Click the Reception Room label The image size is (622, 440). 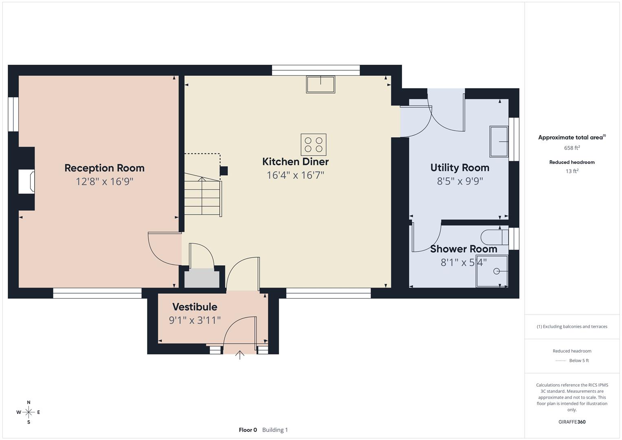point(104,168)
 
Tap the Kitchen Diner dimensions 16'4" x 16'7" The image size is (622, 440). point(295,175)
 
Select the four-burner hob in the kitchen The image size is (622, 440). point(314,145)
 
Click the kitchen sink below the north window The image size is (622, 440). point(321,84)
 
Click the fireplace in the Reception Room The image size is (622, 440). point(26,181)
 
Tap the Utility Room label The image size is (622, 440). point(459,167)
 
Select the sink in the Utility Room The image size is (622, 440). point(499,141)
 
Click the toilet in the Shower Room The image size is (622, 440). point(494,237)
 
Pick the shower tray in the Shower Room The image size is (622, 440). point(492,271)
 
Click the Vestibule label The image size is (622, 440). point(194,307)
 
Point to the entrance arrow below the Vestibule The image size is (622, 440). point(240,355)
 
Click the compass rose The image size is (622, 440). point(29,412)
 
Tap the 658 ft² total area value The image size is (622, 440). point(571,148)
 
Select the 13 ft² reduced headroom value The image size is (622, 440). point(571,171)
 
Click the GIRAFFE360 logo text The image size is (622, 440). point(571,422)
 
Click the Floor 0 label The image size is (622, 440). point(248,430)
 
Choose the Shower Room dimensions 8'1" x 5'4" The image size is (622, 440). point(463,262)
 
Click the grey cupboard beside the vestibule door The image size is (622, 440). point(202,278)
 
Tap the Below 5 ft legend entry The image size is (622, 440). point(578,361)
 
